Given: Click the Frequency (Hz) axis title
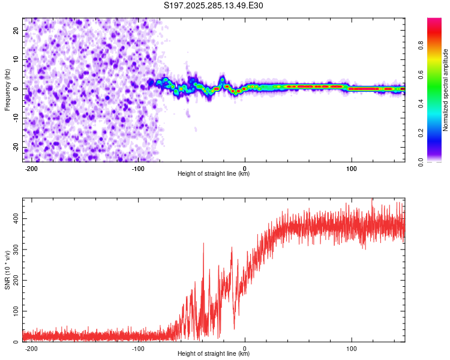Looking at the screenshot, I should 7,89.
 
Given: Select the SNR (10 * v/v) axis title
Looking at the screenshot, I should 7,270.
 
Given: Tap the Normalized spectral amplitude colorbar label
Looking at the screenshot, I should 446,89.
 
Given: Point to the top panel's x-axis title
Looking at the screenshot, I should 214,174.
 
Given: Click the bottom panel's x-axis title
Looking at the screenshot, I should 214,354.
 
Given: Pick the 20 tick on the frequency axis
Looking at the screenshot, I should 16,30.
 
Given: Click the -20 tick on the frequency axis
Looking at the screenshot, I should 15,148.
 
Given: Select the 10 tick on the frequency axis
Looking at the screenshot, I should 16,59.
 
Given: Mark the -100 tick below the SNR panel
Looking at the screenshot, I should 138,348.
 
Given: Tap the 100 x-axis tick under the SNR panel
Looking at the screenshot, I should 351,348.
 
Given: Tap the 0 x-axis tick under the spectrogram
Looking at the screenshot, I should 245,168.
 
